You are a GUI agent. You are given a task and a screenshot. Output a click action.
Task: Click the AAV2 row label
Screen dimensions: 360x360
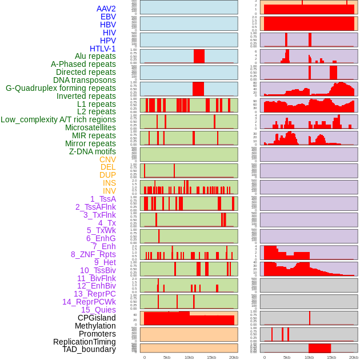coord(106,9)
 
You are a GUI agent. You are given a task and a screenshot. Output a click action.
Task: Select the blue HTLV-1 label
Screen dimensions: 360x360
coord(103,49)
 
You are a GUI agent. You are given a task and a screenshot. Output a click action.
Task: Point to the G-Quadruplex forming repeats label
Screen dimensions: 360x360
coord(61,88)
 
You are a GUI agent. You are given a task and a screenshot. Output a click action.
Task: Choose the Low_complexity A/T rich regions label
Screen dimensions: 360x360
coord(58,119)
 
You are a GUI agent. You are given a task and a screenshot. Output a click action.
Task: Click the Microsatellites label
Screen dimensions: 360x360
coord(90,127)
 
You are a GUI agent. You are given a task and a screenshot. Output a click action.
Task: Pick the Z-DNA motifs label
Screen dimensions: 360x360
coord(93,151)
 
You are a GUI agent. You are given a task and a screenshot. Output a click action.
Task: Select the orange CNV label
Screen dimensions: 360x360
coord(107,159)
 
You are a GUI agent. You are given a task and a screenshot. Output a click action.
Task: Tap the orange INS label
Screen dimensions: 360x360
coord(109,183)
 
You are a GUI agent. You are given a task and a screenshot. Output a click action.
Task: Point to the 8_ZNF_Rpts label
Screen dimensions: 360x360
coord(93,254)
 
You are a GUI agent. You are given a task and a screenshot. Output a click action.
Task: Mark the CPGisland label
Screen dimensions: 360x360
coord(97,318)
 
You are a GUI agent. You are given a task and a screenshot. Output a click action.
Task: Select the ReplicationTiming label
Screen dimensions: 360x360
coord(85,342)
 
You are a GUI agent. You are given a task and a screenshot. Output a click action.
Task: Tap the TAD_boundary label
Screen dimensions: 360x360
coord(89,349)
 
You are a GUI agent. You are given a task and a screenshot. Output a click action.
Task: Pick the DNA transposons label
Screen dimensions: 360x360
coord(85,80)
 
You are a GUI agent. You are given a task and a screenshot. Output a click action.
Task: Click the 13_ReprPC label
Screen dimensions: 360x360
coord(94,294)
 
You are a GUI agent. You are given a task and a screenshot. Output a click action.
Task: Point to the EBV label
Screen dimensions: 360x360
coord(108,17)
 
